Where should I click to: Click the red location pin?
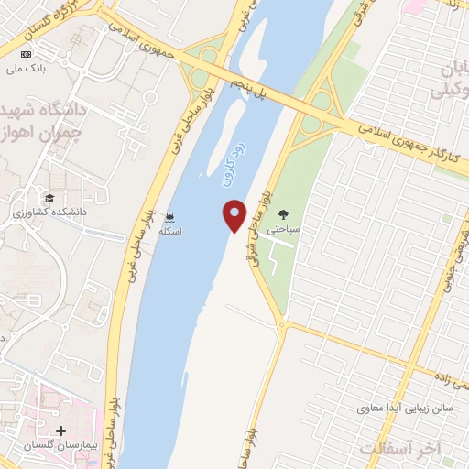tap(235, 214)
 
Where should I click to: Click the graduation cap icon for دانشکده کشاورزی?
tap(47, 198)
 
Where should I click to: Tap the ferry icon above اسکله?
tap(169, 217)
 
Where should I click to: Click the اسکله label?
tap(170, 232)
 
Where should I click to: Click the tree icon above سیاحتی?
tap(281, 216)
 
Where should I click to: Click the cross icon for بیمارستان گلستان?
tap(60, 430)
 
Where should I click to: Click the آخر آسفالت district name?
tap(400, 448)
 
